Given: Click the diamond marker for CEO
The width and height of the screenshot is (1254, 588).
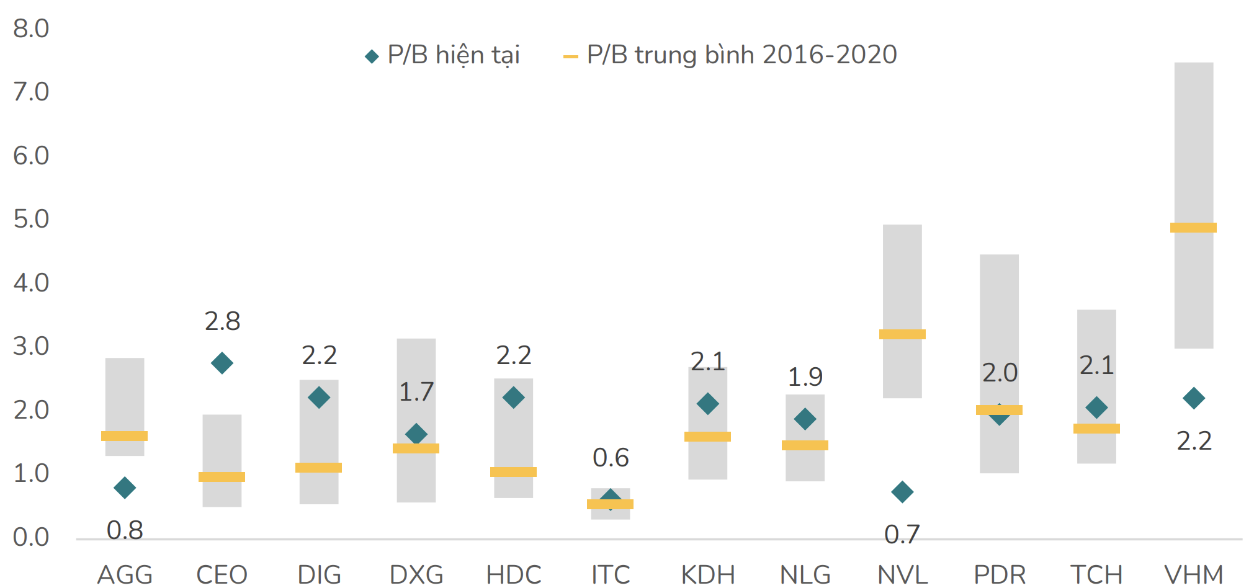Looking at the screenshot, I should click(222, 363).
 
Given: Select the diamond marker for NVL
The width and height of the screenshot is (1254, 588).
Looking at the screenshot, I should click(902, 492).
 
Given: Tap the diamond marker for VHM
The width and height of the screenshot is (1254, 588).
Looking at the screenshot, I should click(1193, 398).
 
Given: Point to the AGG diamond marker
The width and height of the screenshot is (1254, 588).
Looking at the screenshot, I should click(125, 488).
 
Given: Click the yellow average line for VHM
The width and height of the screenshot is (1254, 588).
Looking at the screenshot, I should click(1193, 228).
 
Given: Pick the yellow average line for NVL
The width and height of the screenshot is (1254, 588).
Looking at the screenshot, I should click(902, 334).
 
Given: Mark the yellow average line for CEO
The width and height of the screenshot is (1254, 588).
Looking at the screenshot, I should click(222, 477).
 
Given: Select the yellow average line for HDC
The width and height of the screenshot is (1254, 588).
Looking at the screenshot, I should click(513, 472).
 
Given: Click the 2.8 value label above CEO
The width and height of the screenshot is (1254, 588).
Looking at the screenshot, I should click(222, 321).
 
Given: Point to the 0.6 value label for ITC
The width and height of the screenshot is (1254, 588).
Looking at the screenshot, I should click(611, 458).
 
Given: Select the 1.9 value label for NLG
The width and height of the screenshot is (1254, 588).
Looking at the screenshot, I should click(805, 376).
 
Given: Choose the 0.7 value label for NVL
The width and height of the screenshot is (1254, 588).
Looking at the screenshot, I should click(902, 534).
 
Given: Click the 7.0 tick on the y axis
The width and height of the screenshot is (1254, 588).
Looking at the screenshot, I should click(31, 92).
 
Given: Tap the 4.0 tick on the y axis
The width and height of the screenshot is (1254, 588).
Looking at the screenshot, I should click(31, 283).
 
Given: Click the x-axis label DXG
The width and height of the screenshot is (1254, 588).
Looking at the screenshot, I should click(416, 574).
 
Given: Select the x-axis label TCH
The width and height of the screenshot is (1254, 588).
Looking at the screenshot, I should click(1096, 574).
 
